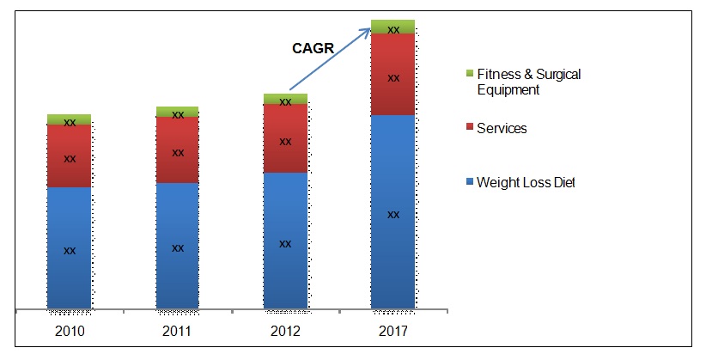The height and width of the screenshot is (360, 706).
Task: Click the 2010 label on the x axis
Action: coord(70,330)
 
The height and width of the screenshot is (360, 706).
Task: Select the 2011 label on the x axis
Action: coord(177,330)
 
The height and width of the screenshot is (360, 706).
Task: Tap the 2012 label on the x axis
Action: coord(285,330)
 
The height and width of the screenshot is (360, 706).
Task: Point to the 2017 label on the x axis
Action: coord(393,330)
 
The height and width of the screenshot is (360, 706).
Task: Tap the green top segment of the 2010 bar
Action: coord(70,119)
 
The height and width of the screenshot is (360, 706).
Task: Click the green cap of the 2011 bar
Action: coord(177,112)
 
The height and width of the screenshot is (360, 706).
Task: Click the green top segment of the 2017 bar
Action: coord(393,27)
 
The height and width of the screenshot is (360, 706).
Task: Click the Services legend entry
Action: coord(501,129)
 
